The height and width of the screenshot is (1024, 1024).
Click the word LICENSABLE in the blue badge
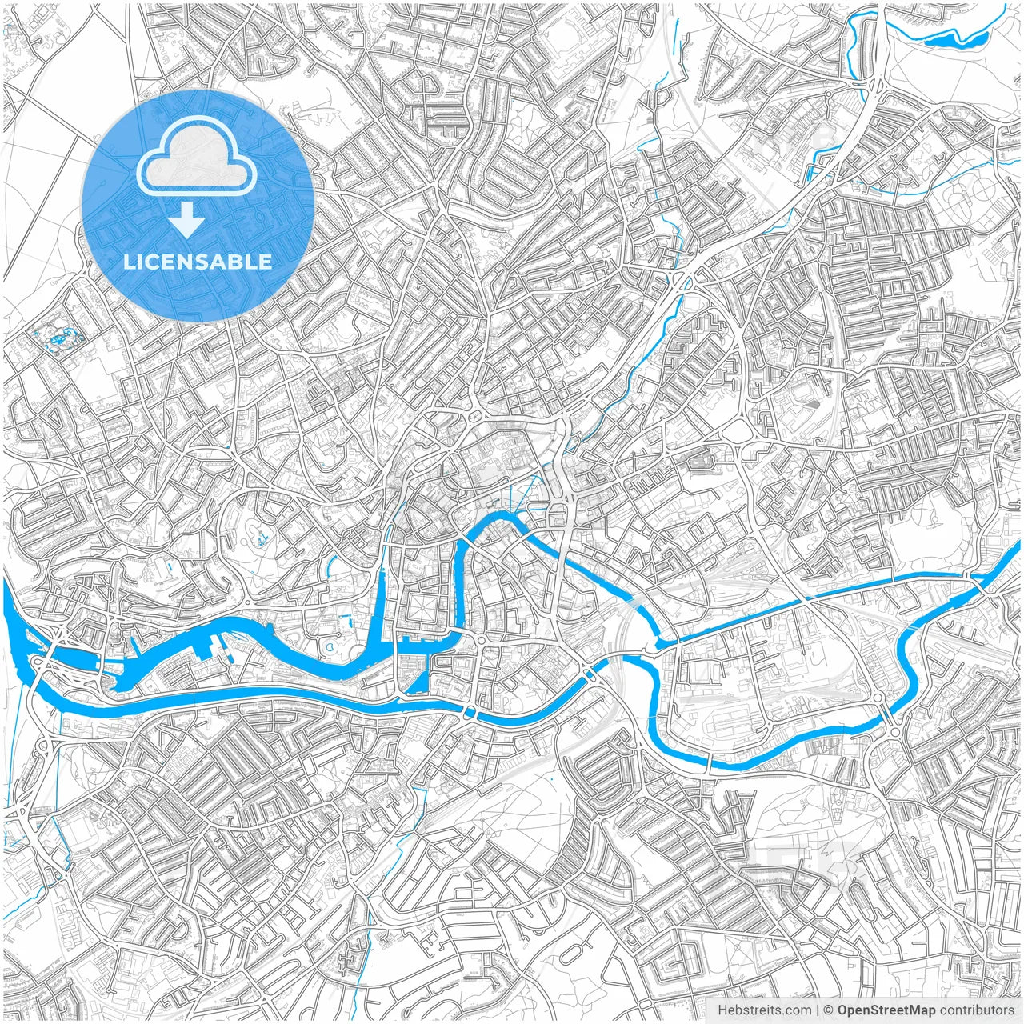198,262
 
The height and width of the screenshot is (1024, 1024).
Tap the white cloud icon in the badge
197,159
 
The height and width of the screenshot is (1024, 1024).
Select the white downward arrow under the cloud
187,218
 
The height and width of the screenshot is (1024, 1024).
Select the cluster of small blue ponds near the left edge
58,339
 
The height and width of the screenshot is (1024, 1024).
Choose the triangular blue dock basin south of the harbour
418,682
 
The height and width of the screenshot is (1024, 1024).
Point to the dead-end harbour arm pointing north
382,576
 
